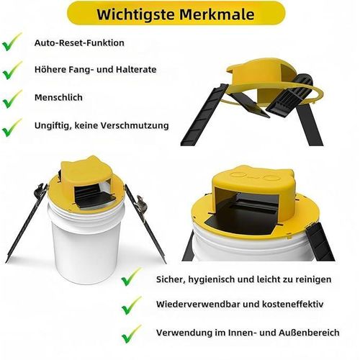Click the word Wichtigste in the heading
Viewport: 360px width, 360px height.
(135, 14)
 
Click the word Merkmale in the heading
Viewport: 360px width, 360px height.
(217, 14)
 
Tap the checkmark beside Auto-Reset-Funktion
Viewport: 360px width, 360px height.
(12, 42)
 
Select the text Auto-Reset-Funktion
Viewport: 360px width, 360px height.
(79, 43)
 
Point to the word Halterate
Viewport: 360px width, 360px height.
(136, 69)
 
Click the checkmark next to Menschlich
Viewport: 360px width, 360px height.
(12, 99)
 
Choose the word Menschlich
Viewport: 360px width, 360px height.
(58, 97)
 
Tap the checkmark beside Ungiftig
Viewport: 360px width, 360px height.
(12, 127)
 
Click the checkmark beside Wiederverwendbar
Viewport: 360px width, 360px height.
(131, 305)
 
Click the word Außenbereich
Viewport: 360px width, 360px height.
(309, 333)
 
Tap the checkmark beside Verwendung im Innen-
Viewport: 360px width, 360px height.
(131, 334)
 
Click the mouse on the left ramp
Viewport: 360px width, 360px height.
(41, 190)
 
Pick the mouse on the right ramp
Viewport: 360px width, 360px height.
(141, 204)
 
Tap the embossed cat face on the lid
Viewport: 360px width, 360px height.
(255, 176)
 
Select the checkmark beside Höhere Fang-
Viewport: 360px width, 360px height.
(12, 70)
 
